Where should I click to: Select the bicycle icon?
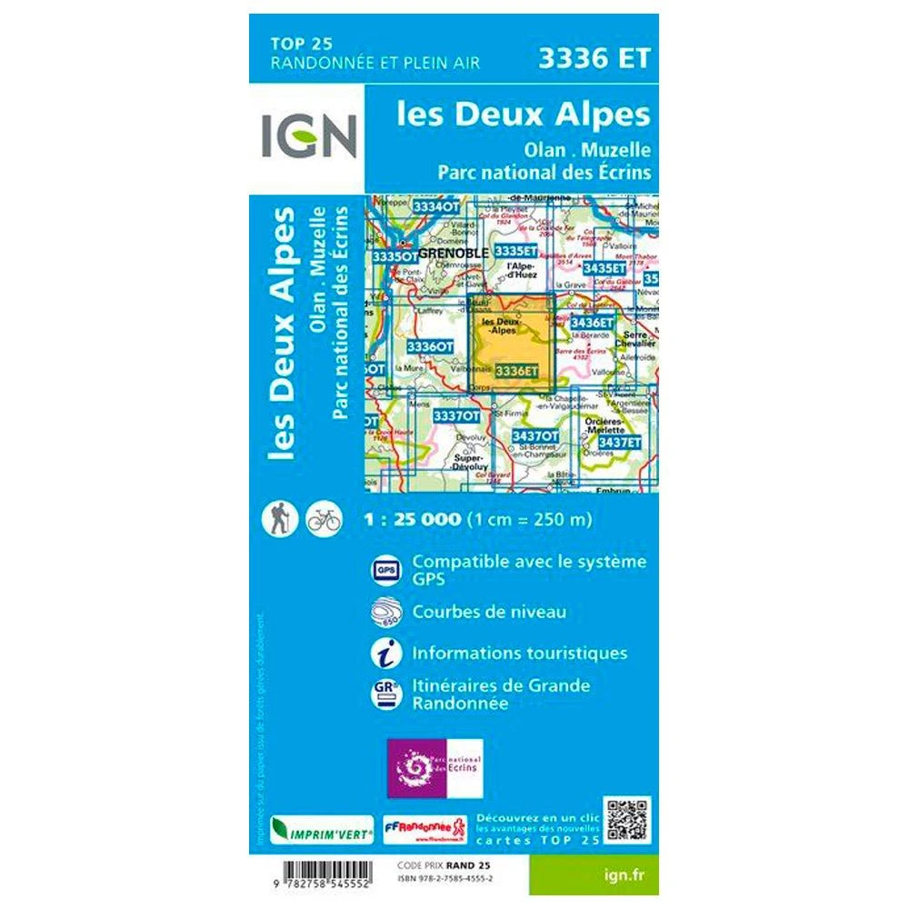click(x=324, y=518)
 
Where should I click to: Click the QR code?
click(x=628, y=819)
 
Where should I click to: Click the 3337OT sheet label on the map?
click(x=456, y=416)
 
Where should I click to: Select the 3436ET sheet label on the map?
click(x=593, y=322)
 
